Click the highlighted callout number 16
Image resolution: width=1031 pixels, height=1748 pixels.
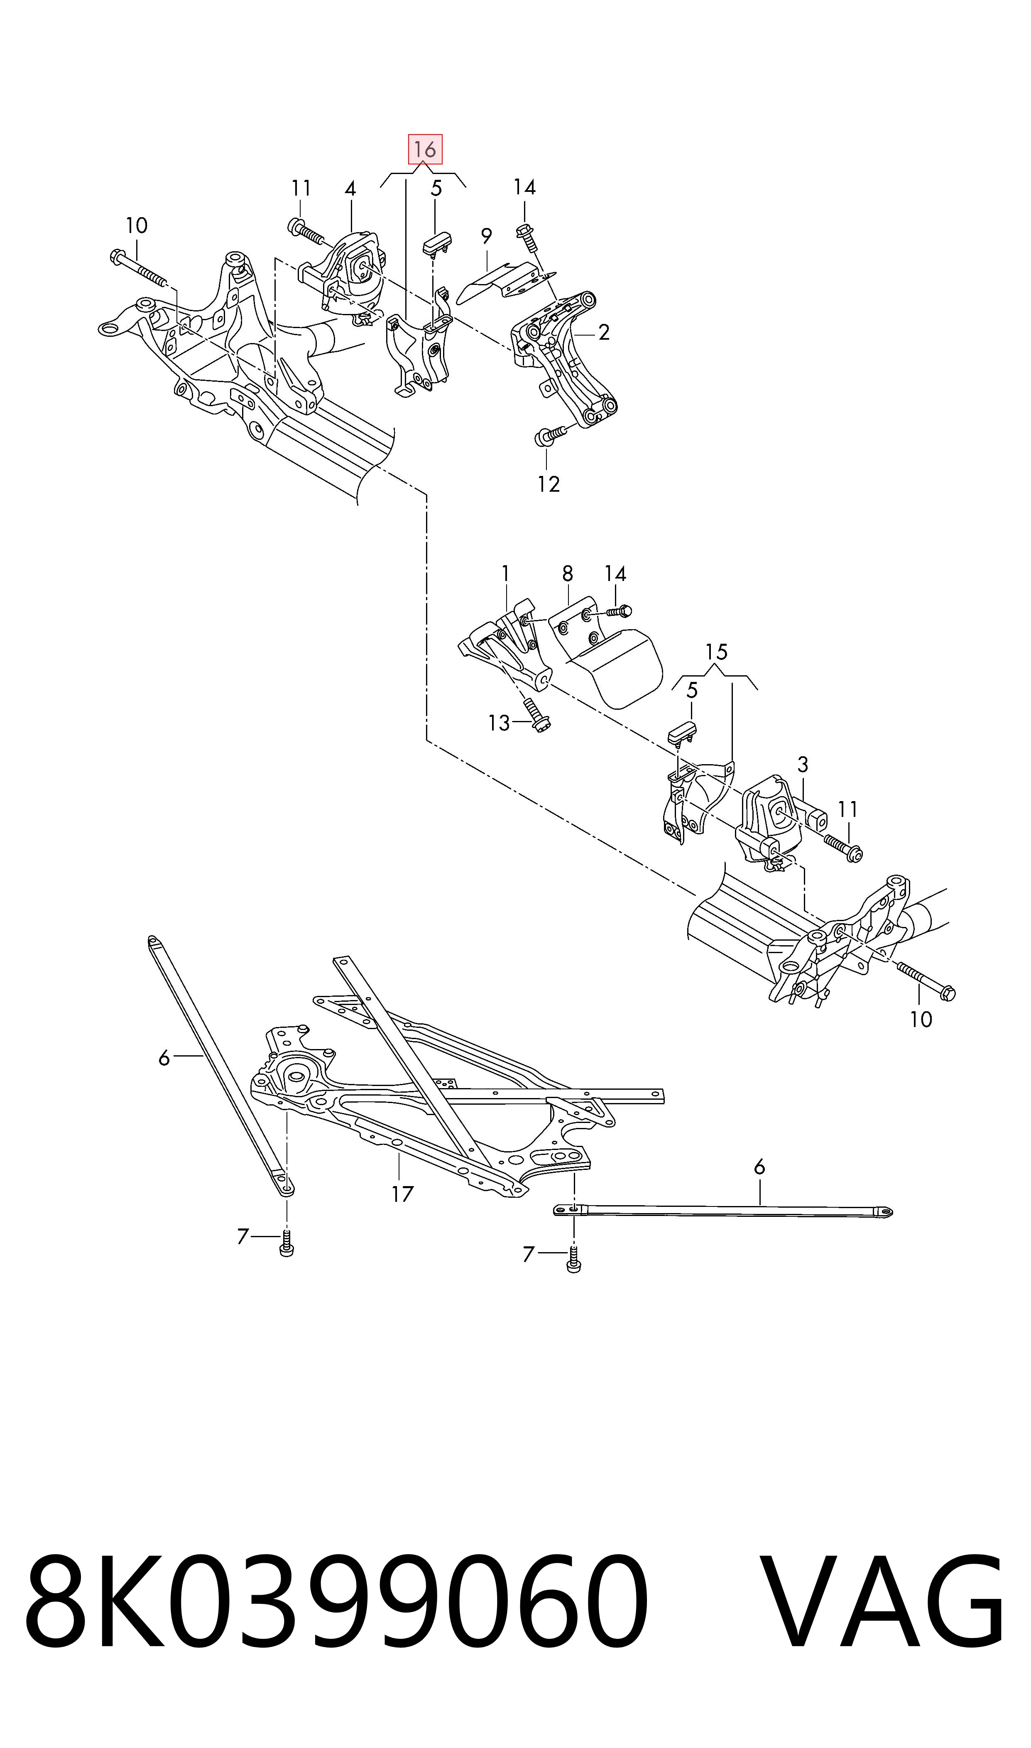tap(424, 150)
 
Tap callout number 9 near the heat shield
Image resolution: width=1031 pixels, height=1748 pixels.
tap(486, 237)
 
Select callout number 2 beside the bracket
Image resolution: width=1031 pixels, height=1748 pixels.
tap(604, 333)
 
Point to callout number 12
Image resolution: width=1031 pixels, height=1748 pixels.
tap(548, 484)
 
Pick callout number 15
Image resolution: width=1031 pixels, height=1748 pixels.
tap(716, 652)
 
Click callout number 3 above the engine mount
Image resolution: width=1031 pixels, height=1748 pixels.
tap(803, 765)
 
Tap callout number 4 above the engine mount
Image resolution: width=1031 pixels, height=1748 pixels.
tap(350, 189)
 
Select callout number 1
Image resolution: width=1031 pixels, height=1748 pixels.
tap(505, 574)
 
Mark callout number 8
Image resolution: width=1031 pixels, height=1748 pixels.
tap(568, 574)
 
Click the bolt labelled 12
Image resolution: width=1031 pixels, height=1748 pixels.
tap(549, 436)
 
